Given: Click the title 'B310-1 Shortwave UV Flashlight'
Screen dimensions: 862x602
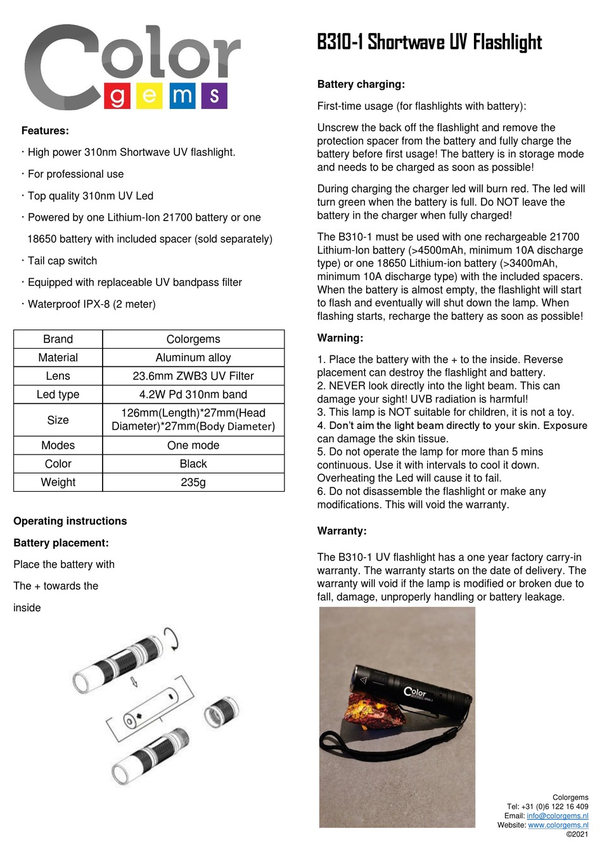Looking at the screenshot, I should tap(429, 42).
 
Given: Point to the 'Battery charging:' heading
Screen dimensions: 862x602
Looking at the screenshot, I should tap(361, 84).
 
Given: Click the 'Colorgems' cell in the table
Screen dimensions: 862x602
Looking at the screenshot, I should tap(193, 339).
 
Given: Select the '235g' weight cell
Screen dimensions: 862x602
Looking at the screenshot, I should tap(193, 482).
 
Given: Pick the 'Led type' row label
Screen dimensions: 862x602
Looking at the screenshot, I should tap(58, 394).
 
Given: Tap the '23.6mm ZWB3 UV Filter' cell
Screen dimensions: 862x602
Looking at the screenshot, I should tap(193, 376).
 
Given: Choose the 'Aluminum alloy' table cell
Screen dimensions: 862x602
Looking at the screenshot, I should tap(193, 357).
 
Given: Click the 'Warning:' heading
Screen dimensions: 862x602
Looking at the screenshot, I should tap(340, 338).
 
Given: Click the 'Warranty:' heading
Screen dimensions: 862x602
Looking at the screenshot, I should tap(342, 531).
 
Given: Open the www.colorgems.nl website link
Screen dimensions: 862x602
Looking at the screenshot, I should tap(558, 825).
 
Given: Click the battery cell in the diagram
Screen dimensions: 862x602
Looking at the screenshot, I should tap(153, 707).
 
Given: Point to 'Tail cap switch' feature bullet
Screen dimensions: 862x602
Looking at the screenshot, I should tap(62, 261).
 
